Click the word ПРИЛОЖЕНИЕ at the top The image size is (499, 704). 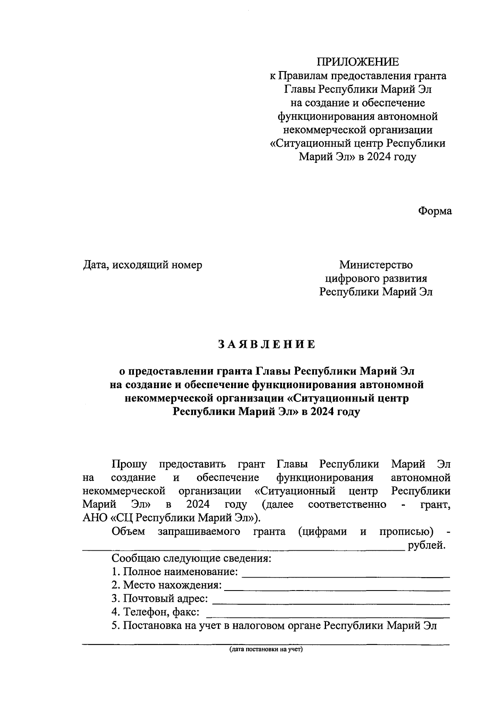click(x=358, y=62)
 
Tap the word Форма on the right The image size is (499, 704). click(x=435, y=211)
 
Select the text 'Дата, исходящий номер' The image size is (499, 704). click(x=143, y=265)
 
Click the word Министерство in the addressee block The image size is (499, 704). click(x=375, y=265)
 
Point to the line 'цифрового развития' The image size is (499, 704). click(x=375, y=278)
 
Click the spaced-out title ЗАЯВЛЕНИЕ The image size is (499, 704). click(x=267, y=345)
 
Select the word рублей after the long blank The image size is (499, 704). click(x=427, y=545)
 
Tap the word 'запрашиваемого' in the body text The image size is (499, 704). click(x=199, y=532)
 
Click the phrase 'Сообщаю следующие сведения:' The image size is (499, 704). click(x=191, y=558)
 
